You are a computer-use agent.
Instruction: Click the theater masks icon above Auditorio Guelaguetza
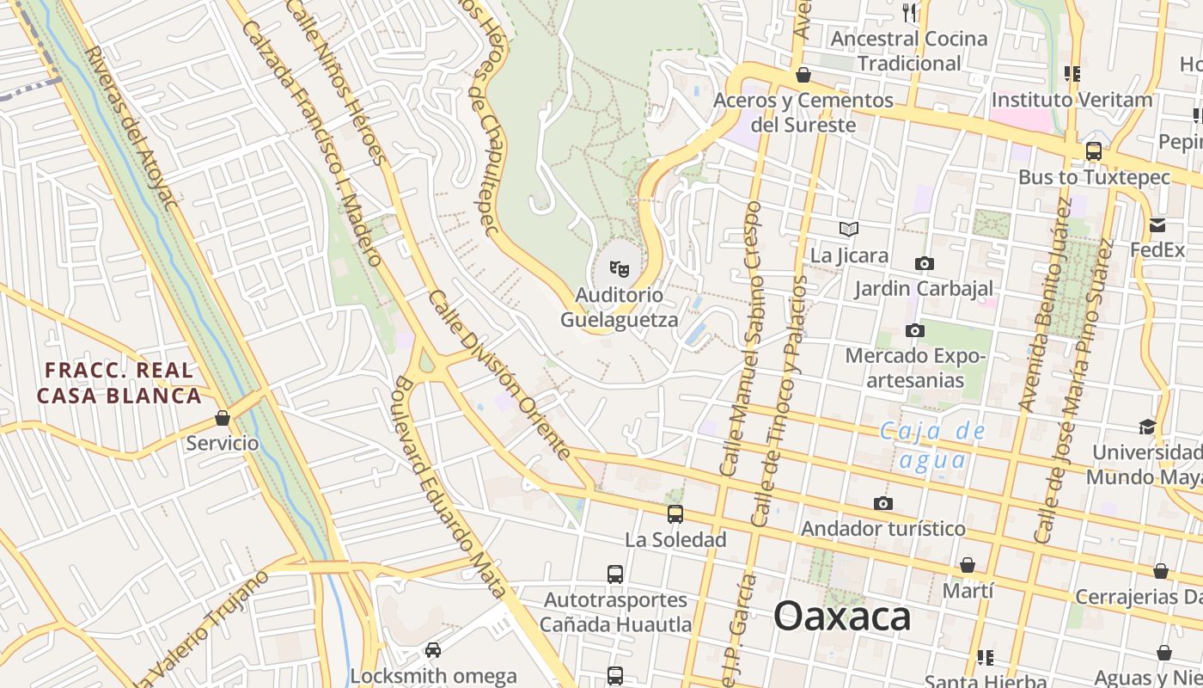(620, 269)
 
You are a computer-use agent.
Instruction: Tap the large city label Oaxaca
(842, 617)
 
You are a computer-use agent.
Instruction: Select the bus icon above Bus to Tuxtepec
(1094, 151)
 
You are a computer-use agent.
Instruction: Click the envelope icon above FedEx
(1157, 225)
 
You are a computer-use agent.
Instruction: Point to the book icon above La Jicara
(849, 230)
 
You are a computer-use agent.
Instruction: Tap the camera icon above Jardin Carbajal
(925, 263)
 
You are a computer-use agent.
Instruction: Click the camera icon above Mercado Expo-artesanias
(915, 330)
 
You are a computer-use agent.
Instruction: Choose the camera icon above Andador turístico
(882, 503)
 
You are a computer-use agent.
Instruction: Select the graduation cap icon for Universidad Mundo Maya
(1147, 427)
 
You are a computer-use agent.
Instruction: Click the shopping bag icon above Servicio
(223, 418)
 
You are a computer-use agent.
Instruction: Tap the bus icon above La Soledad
(675, 514)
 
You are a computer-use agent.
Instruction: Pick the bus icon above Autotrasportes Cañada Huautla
(615, 574)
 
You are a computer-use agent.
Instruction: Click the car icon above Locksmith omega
(433, 650)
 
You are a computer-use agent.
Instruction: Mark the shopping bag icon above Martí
(968, 565)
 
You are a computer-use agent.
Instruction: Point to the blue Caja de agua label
(933, 445)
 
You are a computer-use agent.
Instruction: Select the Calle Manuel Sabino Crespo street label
(742, 339)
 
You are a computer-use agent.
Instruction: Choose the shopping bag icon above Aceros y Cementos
(803, 76)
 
